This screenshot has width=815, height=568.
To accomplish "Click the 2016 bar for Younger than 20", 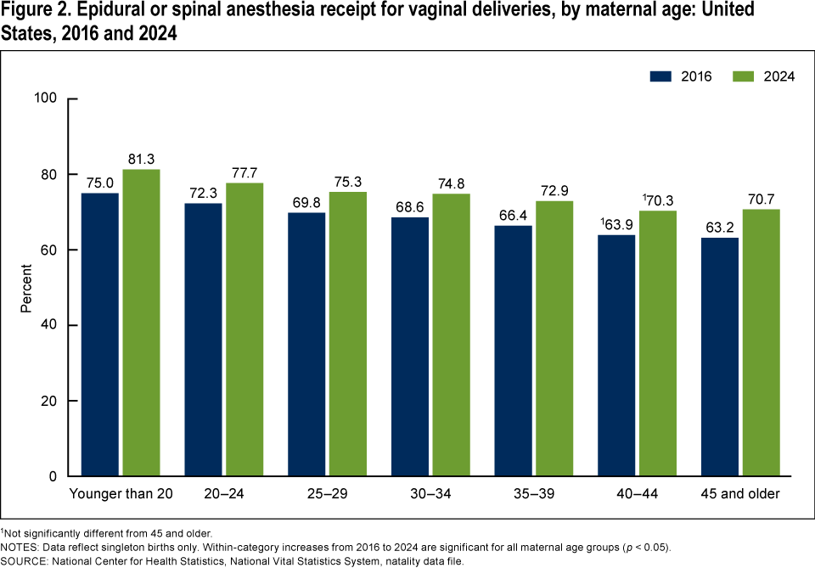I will coord(100,335).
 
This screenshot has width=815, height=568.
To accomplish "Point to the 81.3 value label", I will coord(141,158).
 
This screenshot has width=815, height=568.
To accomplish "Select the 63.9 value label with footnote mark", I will coord(616,224).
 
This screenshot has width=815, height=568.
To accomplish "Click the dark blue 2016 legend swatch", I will coord(661,76).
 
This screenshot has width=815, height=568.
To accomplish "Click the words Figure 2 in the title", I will coord(32,13).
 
